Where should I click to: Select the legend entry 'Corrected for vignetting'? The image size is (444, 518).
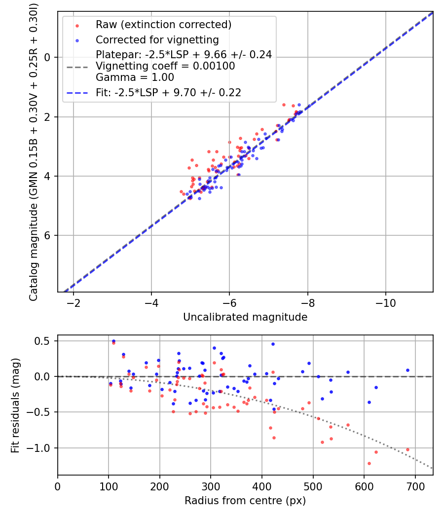157,39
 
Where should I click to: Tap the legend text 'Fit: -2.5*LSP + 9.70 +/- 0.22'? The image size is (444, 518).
168,92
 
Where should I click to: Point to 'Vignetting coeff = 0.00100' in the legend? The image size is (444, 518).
165,66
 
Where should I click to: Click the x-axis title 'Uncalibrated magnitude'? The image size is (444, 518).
245,317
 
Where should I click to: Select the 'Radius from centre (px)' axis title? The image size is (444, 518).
245,501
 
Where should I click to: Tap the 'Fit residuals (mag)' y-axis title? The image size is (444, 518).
15,405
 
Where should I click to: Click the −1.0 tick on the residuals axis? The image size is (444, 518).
42,448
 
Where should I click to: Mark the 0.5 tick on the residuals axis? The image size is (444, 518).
45,341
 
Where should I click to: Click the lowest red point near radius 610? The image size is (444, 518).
369,463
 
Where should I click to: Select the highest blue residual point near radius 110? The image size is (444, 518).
113,341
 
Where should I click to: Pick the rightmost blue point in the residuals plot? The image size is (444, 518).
407,370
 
